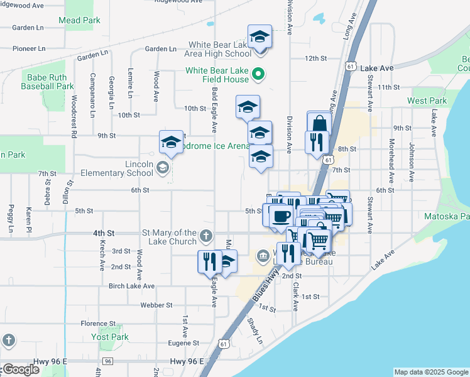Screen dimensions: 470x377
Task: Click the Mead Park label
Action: (79, 21)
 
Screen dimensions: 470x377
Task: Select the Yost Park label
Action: (109, 337)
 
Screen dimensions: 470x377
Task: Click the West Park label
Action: (427, 101)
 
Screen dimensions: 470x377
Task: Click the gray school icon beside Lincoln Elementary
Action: (163, 167)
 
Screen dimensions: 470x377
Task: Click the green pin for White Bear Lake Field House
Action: (258, 75)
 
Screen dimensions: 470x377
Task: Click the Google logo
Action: (21, 369)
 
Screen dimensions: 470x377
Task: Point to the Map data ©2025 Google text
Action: (431, 372)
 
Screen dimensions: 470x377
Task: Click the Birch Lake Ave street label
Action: (131, 286)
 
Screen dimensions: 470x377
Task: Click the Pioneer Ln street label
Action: (29, 48)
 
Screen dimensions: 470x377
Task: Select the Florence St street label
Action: (98, 324)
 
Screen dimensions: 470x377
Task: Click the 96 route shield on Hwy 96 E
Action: (108, 361)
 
